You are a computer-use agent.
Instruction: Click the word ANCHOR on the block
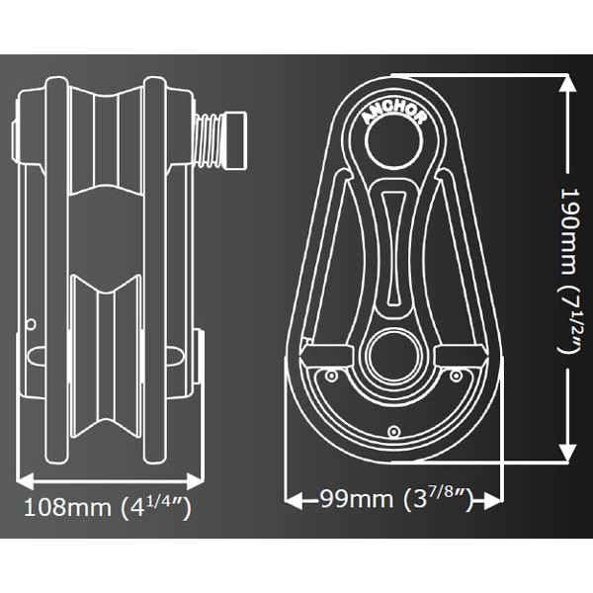(x=393, y=113)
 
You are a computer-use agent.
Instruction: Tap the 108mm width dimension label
(x=108, y=508)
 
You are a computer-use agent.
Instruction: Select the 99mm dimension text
(x=396, y=499)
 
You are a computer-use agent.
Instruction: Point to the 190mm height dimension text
(x=569, y=271)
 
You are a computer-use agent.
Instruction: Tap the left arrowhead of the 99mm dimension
(x=294, y=501)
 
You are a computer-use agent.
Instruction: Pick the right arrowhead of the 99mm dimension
(x=491, y=501)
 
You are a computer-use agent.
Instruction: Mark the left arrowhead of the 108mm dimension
(x=26, y=482)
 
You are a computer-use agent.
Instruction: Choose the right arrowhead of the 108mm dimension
(x=196, y=482)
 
